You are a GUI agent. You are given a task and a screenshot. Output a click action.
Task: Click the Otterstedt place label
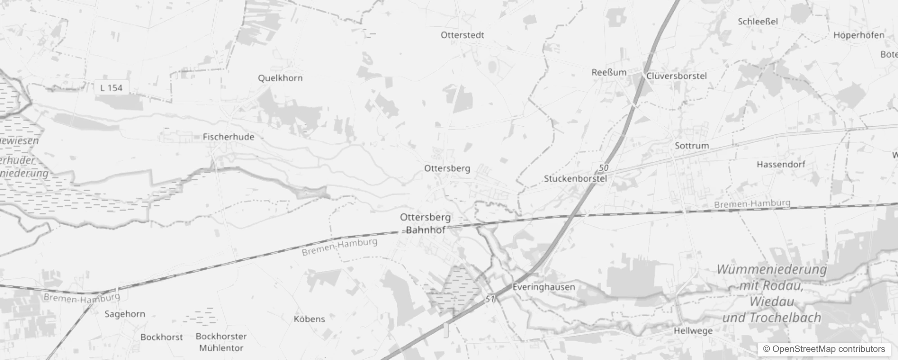462,35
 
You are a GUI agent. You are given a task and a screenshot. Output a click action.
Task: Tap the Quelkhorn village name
280,78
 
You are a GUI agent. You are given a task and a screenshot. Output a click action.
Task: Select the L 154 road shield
111,88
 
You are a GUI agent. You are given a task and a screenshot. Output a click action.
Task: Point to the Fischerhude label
228,137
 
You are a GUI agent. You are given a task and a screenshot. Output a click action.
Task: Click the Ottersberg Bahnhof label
425,223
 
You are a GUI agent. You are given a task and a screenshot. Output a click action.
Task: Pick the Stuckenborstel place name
575,179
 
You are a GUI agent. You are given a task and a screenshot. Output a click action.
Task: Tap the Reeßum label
609,72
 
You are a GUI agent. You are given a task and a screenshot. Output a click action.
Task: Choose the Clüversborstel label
676,76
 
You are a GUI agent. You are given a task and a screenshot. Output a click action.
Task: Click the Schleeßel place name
758,21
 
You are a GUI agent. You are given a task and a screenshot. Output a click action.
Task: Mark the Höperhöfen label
858,35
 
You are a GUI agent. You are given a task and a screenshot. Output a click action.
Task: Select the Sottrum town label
691,146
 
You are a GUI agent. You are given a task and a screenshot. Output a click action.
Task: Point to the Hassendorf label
781,164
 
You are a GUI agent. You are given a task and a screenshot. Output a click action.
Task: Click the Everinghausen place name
543,287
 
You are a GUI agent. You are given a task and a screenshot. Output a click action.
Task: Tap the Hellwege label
693,331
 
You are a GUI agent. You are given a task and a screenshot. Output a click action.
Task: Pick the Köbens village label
309,319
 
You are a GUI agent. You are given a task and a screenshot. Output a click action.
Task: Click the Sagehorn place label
125,314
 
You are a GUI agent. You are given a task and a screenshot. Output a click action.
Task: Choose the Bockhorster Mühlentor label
221,342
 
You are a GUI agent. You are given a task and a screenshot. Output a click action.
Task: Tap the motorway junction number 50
603,168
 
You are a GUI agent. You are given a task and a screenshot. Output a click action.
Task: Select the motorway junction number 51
490,299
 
